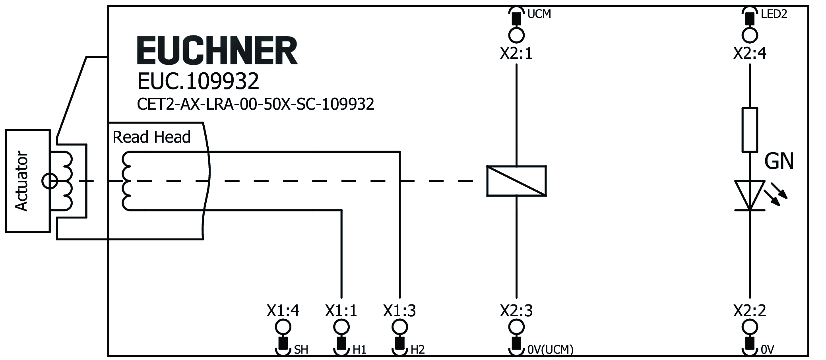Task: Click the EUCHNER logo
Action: point(217,50)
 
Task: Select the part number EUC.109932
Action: point(198,81)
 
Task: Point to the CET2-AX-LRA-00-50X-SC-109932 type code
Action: point(255,104)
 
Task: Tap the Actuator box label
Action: point(22,181)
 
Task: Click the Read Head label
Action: point(151,137)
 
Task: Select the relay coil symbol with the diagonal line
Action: point(516,181)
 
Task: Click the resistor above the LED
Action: point(749,130)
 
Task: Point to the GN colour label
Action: point(779,162)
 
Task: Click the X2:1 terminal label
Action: point(516,53)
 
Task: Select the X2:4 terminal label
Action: point(749,53)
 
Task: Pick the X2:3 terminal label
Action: point(516,311)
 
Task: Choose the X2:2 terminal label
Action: point(749,311)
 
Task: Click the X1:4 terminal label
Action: point(283,311)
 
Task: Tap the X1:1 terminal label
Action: point(341,311)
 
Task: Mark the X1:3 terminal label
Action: point(399,311)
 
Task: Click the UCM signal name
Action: point(539,14)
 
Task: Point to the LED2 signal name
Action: point(774,14)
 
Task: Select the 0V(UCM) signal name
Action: point(550,350)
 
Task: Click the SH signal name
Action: point(301,350)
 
